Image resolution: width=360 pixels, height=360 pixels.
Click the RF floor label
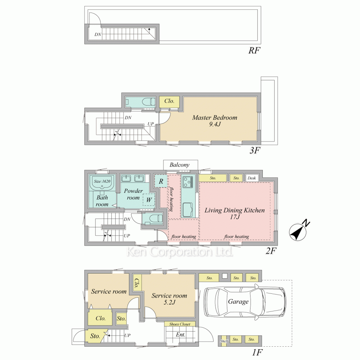254,50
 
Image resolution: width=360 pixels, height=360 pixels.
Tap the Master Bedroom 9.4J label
215,121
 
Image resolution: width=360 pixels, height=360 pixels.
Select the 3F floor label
255,150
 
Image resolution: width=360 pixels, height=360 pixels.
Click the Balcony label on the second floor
180,165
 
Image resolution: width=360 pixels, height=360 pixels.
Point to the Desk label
252,178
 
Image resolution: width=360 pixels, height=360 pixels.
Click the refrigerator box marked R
161,181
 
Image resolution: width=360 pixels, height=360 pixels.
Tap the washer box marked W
149,200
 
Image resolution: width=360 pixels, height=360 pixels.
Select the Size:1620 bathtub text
102,181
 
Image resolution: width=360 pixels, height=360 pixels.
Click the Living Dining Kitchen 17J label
235,213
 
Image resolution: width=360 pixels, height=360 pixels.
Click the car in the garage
245,301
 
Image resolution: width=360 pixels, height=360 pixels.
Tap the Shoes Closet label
180,324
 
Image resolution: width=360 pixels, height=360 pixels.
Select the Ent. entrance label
180,335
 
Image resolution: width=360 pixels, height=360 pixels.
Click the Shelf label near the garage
224,341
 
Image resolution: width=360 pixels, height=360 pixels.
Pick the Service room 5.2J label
169,299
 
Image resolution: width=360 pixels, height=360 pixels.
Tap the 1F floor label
257,352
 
